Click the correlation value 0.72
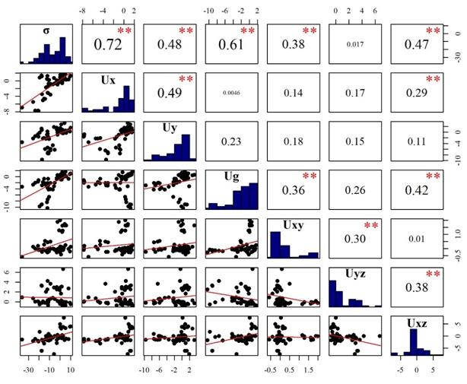pos(107,45)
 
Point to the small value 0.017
pos(355,44)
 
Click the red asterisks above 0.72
pos(124,30)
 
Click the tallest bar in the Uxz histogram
pos(414,341)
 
